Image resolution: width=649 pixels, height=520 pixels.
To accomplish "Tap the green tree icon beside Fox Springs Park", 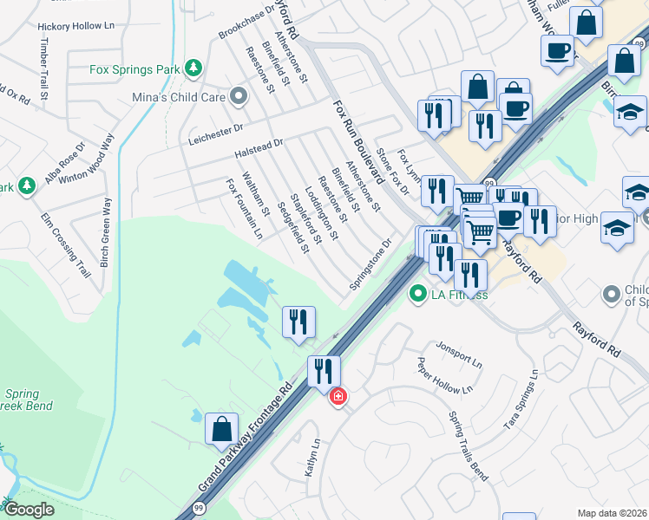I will click(x=197, y=67).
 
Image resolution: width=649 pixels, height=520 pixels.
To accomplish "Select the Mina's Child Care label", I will click(x=179, y=97).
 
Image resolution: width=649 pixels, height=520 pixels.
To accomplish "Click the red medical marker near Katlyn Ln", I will click(x=338, y=397).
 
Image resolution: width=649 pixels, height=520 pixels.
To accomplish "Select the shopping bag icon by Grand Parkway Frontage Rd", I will click(x=221, y=429).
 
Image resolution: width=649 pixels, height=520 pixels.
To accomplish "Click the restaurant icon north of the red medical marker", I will click(x=324, y=372).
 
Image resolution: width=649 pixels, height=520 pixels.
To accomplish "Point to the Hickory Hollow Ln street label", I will click(x=75, y=26).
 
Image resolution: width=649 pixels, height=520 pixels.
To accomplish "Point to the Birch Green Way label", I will click(x=106, y=231).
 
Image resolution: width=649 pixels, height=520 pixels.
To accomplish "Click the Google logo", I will click(x=29, y=510).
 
